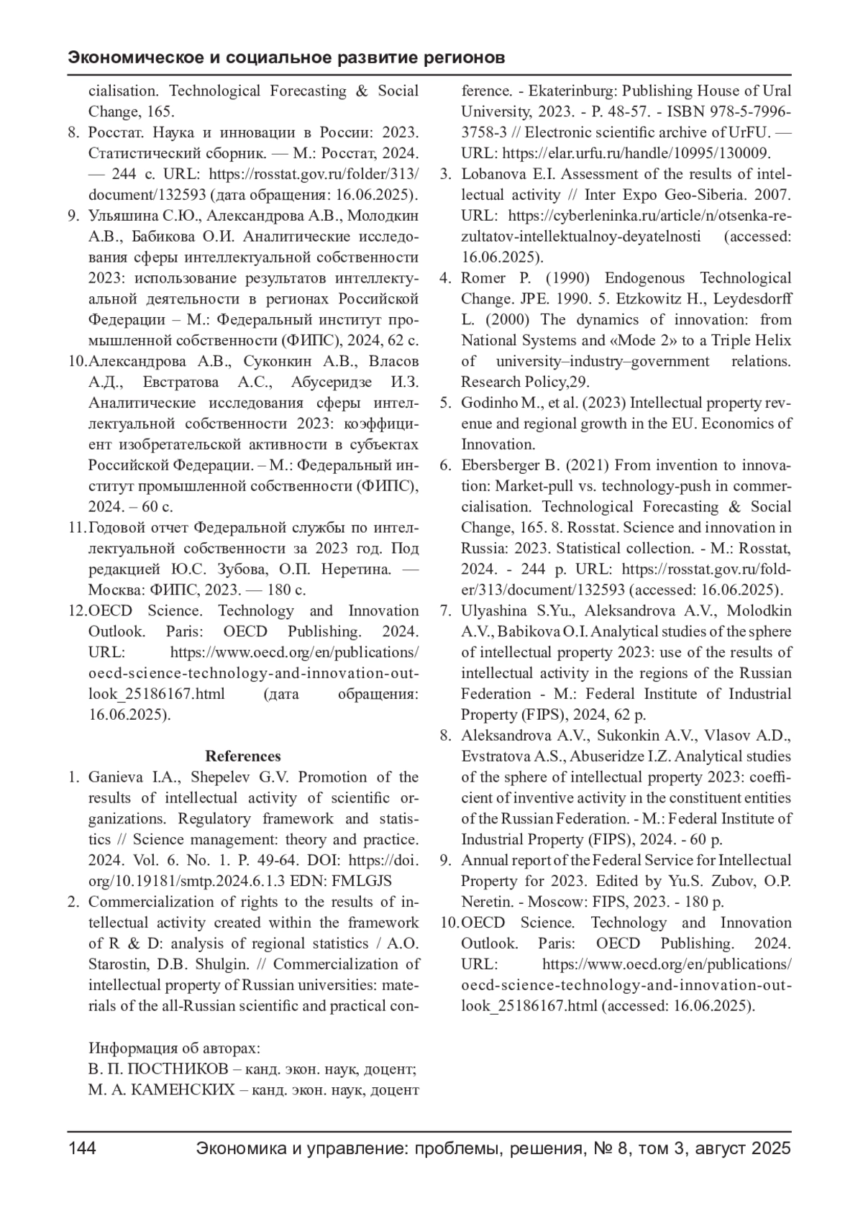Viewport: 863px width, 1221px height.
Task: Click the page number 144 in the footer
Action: point(82,1148)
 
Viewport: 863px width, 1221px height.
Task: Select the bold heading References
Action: point(243,756)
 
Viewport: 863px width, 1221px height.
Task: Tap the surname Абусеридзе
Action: point(338,382)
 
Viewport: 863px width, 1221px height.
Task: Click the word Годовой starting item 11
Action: point(115,528)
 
